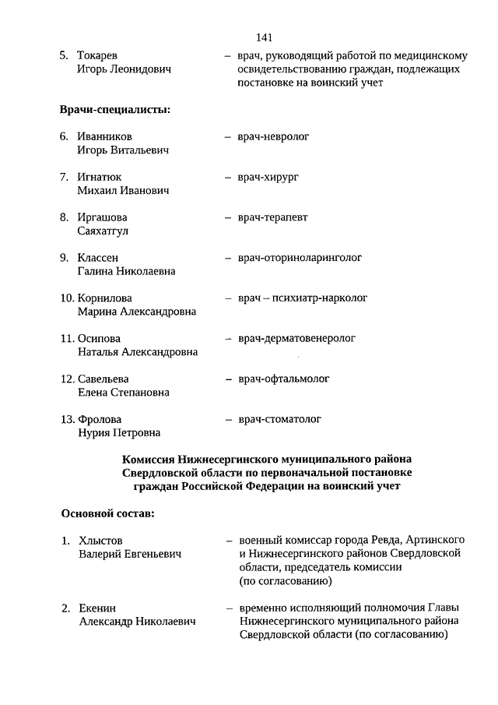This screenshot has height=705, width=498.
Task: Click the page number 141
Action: [x=262, y=37]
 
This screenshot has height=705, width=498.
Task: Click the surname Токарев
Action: [x=98, y=56]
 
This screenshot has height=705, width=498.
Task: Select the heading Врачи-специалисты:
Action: [x=114, y=109]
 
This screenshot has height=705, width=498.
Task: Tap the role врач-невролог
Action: [x=273, y=137]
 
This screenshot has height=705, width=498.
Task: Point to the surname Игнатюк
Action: [x=100, y=178]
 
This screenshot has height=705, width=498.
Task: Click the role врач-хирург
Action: [x=268, y=178]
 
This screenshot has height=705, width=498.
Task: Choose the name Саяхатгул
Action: [x=103, y=231]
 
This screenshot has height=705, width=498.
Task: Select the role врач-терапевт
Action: [x=272, y=217]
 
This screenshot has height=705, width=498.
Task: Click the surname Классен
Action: [x=98, y=258]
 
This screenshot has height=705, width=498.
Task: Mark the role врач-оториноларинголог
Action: [x=300, y=258]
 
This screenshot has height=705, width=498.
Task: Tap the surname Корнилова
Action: [x=105, y=298]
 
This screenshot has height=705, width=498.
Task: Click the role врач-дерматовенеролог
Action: [x=296, y=339]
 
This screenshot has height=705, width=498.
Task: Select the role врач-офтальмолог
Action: [x=283, y=379]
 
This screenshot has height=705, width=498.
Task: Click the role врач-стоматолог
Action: [x=279, y=420]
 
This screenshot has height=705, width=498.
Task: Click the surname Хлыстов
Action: [x=101, y=541]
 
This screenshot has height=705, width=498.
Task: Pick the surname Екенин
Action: [x=98, y=608]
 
